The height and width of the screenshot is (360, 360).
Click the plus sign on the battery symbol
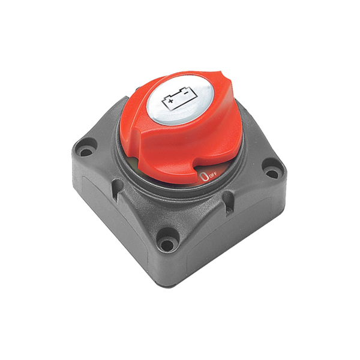click(170, 101)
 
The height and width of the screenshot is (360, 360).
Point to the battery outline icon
click(179, 98)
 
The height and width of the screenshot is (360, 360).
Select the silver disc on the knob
click(181, 101)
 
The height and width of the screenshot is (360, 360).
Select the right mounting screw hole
click(272, 173)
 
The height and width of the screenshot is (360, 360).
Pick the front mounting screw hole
click(167, 244)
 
